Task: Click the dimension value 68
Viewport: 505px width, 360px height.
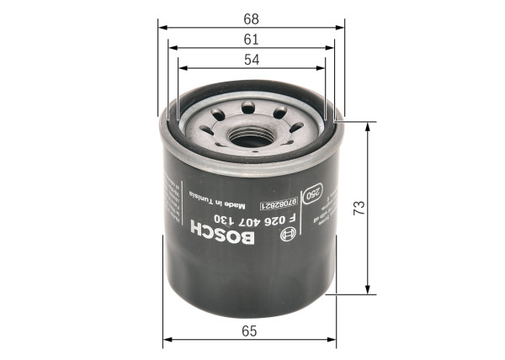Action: pos(251,17)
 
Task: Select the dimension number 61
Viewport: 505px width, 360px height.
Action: pos(251,40)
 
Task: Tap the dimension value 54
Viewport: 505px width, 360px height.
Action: pos(251,61)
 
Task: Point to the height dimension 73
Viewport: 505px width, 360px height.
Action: pos(359,208)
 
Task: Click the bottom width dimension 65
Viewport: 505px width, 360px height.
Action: pos(249,331)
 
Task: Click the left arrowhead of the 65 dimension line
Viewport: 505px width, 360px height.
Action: pos(166,341)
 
